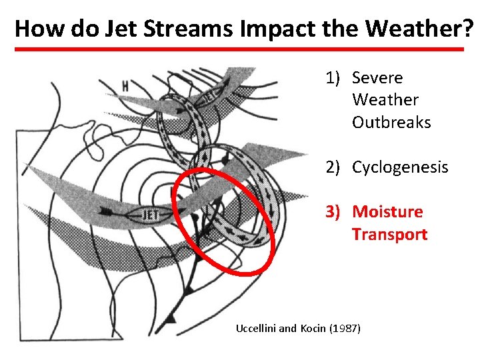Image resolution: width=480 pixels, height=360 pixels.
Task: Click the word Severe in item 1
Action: tap(377, 78)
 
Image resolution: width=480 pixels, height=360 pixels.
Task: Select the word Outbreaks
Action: tap(391, 123)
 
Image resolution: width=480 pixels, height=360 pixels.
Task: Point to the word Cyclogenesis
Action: tap(400, 167)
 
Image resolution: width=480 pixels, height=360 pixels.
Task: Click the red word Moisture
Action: tap(387, 212)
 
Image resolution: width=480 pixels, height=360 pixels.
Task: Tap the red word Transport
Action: tap(389, 235)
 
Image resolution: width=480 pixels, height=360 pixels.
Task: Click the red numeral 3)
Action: tap(335, 212)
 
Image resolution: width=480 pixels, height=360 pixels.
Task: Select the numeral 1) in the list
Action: tap(335, 78)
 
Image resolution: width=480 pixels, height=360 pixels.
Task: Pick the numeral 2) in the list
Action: tap(335, 167)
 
